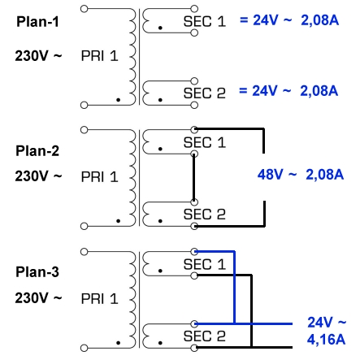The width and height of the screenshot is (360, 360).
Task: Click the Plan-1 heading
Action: (x=37, y=22)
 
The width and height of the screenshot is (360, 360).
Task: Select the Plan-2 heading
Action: (x=37, y=151)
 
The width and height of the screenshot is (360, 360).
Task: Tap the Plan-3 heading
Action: (x=37, y=272)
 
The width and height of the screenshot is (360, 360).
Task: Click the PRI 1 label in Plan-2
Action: (x=100, y=177)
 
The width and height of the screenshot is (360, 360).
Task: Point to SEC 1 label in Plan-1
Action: (x=205, y=21)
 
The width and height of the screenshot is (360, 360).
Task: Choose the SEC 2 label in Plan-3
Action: (x=205, y=336)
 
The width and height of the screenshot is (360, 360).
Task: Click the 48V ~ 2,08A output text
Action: (x=301, y=174)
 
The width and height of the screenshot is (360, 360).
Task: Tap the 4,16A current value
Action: (x=326, y=340)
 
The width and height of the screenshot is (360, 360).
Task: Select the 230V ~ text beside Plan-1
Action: (x=38, y=56)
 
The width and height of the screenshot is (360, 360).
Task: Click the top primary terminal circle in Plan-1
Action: (x=85, y=9)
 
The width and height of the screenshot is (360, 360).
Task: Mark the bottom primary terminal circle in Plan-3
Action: (x=85, y=348)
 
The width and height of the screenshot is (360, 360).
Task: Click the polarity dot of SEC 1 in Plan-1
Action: (x=160, y=28)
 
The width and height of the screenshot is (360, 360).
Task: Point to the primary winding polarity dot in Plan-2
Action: (x=118, y=221)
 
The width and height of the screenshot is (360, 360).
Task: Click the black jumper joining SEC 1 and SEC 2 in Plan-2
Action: (x=194, y=178)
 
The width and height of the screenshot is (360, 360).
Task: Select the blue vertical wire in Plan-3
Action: (x=234, y=288)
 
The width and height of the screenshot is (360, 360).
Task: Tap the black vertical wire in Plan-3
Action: (x=251, y=311)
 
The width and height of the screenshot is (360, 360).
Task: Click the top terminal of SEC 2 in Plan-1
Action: (x=194, y=81)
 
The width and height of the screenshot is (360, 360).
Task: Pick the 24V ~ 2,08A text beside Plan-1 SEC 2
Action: (x=288, y=91)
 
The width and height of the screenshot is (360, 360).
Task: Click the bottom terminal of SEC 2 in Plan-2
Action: (x=194, y=226)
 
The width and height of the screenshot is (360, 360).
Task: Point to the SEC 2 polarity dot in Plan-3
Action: (x=160, y=343)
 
